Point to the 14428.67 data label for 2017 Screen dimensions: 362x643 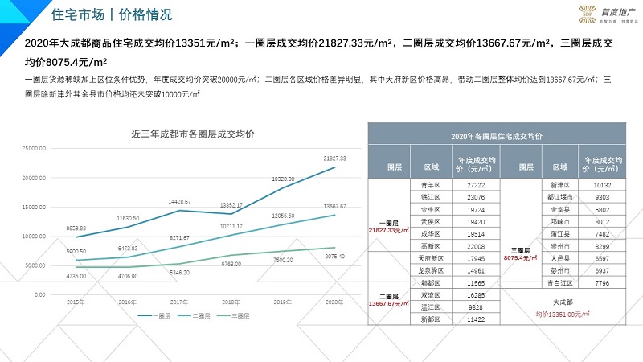pos(178,201)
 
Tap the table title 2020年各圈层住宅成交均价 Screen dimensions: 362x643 pos(496,137)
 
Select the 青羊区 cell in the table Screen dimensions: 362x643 pos(431,185)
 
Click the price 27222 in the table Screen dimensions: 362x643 pos(476,185)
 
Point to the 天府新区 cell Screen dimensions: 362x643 pos(431,259)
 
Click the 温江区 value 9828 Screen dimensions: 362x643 pos(476,307)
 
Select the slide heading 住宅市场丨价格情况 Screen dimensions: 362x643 pos(111,15)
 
